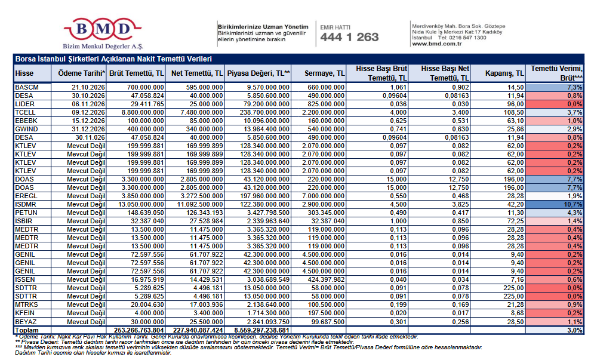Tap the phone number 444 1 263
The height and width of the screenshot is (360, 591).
tap(350, 37)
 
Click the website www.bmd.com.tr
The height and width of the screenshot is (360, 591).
tap(437, 44)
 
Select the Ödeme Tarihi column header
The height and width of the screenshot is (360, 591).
tap(81, 73)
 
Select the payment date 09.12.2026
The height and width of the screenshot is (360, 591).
tap(88, 112)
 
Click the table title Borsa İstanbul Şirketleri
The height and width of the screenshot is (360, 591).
tap(113, 59)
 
